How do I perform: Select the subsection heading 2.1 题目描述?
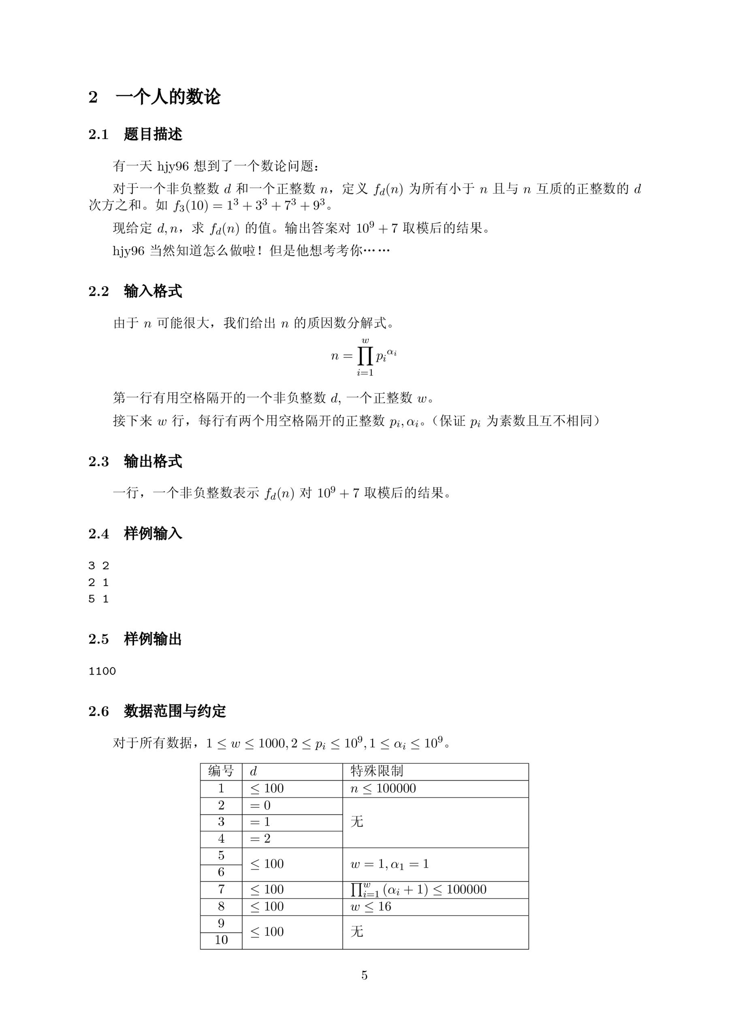(135, 134)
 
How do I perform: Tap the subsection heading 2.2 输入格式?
(135, 291)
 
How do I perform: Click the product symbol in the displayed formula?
(365, 356)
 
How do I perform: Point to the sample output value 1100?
(102, 671)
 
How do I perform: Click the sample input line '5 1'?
(98, 599)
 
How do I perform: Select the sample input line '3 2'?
(98, 565)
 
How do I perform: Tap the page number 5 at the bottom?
(364, 975)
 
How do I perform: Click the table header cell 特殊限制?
(376, 771)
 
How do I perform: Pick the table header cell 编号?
(221, 771)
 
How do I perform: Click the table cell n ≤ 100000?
(383, 788)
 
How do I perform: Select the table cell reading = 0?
(260, 805)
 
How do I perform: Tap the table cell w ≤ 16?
(371, 906)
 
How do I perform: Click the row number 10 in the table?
(221, 939)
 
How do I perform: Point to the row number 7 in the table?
(221, 889)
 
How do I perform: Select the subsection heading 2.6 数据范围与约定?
(157, 711)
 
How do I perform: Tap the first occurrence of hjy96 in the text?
(173, 166)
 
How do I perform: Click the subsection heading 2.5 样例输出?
(135, 639)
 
